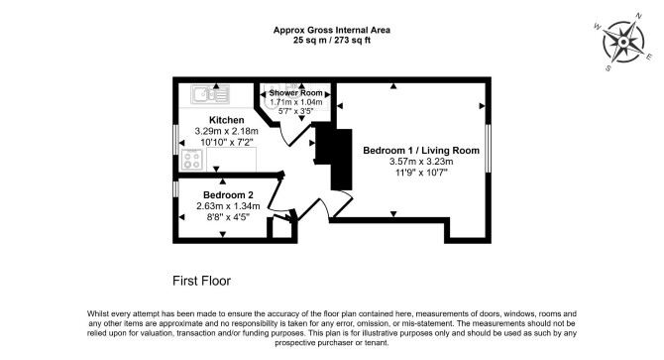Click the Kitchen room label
click(227, 120)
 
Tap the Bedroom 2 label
click(228, 195)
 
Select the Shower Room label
click(296, 93)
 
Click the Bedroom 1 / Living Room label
click(421, 151)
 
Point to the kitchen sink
click(210, 94)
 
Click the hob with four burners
click(192, 160)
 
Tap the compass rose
click(623, 43)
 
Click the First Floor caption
click(201, 281)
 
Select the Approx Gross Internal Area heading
click(332, 30)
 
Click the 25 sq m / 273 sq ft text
click(332, 41)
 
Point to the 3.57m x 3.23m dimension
click(421, 162)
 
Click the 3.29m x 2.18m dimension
click(227, 131)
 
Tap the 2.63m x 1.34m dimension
click(228, 206)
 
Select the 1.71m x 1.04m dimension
click(296, 102)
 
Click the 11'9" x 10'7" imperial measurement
click(421, 173)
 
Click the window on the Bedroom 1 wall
click(488, 148)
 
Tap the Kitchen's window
click(175, 140)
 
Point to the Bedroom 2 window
click(175, 188)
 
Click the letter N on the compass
click(639, 17)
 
